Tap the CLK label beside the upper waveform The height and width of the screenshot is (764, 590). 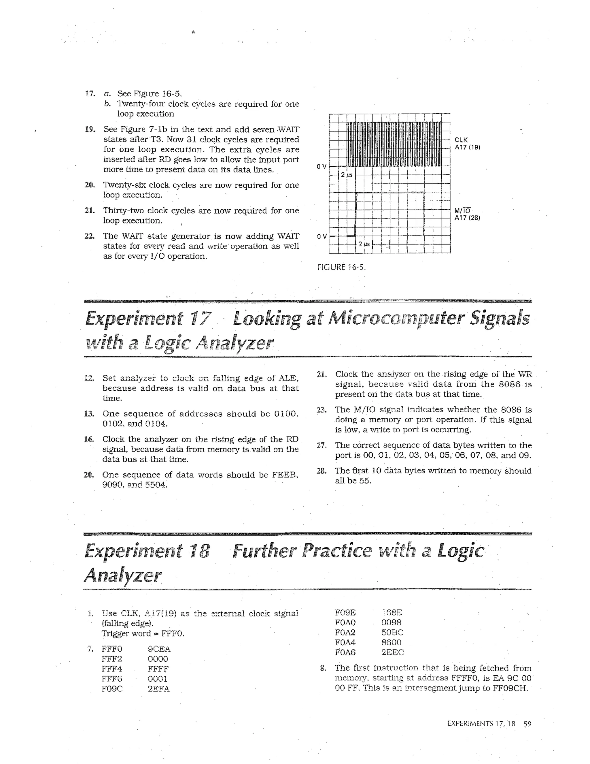point(461,140)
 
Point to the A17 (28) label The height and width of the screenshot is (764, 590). point(467,218)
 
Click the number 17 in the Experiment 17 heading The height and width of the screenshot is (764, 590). point(200,318)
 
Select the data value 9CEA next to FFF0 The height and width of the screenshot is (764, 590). point(159,649)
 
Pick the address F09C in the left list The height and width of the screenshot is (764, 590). point(112,688)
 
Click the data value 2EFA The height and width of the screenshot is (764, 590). point(158,688)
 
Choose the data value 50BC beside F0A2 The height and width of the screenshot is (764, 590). point(392,633)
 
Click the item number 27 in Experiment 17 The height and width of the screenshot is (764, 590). point(321,445)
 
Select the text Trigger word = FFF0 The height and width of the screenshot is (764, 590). point(143,633)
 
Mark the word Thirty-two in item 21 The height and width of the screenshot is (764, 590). point(123,210)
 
